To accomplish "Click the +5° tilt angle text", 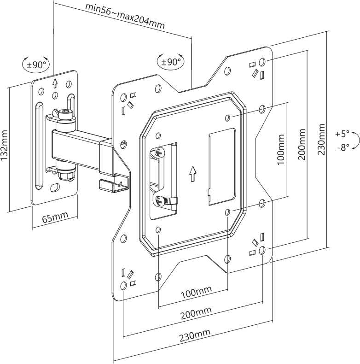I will tap(343, 134).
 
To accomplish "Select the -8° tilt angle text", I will tap(343, 147).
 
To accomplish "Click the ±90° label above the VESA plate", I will tap(171, 62).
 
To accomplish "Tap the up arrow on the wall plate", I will tap(55, 83).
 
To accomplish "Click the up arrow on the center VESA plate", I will tap(192, 174).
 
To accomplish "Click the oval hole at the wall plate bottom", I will tap(55, 187).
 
